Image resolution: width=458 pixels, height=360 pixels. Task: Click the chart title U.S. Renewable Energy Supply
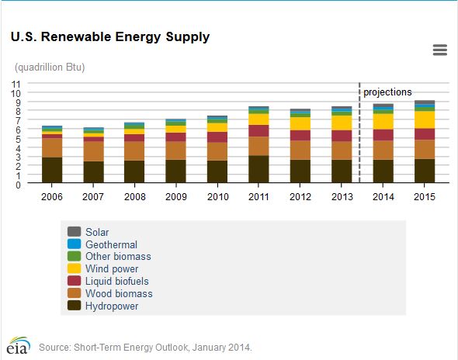109,36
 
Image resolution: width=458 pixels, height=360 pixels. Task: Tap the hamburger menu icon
439,50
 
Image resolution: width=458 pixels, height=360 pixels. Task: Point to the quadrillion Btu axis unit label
50,67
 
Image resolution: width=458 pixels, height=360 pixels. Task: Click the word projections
387,92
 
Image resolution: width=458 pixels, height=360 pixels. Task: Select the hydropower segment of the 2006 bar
52,171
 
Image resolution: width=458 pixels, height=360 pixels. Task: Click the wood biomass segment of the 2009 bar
176,151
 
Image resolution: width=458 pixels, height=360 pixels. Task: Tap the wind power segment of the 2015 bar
424,119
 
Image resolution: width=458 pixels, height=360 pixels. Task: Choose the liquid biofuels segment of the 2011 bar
258,130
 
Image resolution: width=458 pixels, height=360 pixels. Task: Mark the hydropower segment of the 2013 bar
342,171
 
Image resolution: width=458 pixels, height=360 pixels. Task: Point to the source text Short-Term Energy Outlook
145,347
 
